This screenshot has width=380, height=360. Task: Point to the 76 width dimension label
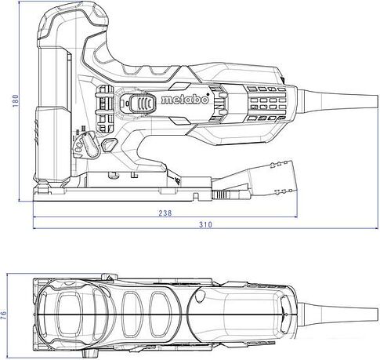click(7, 315)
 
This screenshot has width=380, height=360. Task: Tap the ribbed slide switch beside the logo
click(137, 103)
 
